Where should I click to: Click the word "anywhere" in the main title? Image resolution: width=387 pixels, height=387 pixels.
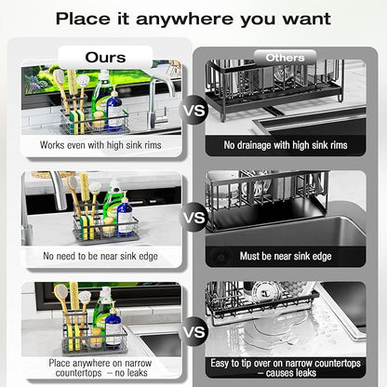185,20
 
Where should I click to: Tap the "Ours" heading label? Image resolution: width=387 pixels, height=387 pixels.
105,58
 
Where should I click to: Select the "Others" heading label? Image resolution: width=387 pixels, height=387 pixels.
285,58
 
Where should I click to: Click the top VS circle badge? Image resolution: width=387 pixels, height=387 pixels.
194,110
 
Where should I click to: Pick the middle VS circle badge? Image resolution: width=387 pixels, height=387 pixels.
194,217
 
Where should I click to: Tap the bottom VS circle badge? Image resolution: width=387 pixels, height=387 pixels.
194,331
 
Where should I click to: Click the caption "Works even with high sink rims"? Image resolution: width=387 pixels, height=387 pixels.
100,145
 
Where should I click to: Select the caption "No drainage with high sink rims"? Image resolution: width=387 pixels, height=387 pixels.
286,145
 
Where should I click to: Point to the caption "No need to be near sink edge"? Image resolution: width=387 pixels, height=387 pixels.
100,256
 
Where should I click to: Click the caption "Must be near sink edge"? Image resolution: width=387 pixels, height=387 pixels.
286,256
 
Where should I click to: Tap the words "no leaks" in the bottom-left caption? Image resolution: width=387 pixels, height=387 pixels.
131,373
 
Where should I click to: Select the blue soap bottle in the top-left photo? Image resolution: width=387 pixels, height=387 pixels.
114,109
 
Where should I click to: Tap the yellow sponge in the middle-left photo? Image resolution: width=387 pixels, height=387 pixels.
87,227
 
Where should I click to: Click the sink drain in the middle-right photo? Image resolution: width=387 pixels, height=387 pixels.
220,257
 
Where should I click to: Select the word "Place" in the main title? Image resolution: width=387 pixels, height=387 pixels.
83,19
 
